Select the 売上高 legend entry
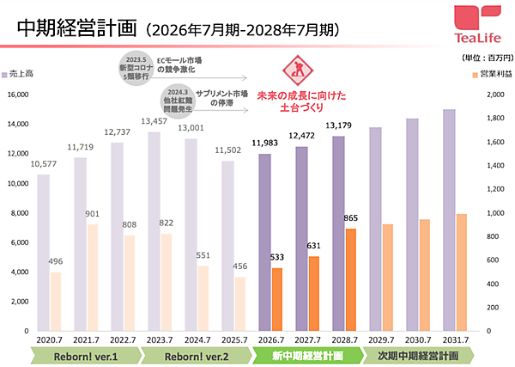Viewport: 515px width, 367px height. click(23, 76)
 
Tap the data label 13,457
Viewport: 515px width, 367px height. click(154, 122)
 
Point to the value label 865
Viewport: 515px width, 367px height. click(350, 219)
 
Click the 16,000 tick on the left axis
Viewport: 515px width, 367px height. click(17, 95)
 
